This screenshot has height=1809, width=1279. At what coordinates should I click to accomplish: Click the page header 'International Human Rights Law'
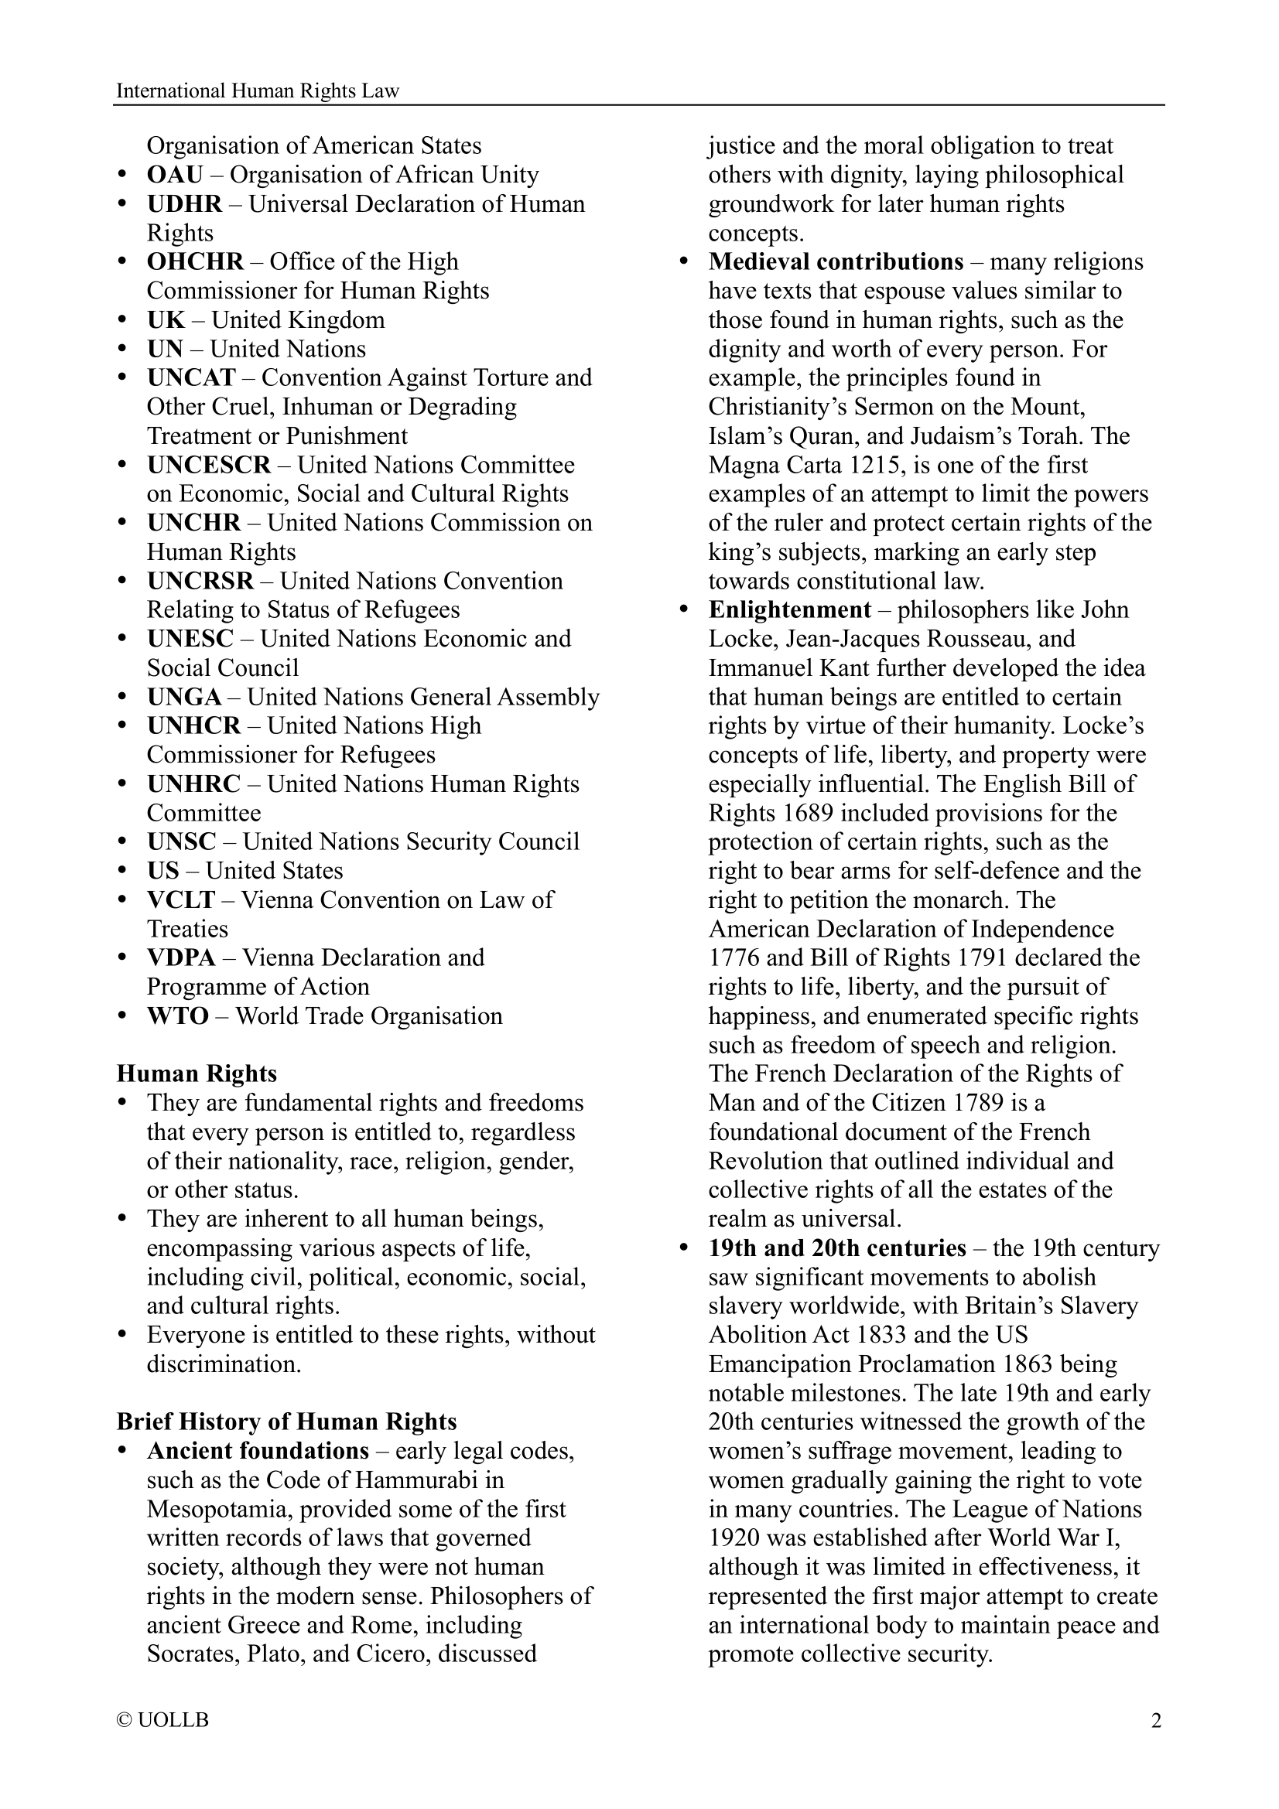click(x=258, y=90)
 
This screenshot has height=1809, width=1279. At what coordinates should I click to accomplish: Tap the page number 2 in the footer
click(x=1156, y=1721)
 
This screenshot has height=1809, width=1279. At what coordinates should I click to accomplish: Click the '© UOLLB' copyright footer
click(x=162, y=1721)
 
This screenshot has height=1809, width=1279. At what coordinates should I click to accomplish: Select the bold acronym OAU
click(x=175, y=175)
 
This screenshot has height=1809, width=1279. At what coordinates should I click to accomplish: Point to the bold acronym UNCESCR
click(x=209, y=465)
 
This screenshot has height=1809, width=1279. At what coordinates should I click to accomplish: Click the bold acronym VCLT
click(x=181, y=899)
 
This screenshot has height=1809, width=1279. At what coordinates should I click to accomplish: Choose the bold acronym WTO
click(x=178, y=1015)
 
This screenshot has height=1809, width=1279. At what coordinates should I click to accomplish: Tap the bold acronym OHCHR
click(x=196, y=261)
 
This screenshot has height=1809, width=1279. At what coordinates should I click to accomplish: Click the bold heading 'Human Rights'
click(x=197, y=1074)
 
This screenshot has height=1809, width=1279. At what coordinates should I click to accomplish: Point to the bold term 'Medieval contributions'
click(x=836, y=261)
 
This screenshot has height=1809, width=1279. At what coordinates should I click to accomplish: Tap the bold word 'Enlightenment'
click(x=790, y=609)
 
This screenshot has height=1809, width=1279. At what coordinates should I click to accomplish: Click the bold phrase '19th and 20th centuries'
click(x=837, y=1248)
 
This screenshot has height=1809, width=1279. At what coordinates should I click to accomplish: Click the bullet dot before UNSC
click(x=122, y=841)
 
